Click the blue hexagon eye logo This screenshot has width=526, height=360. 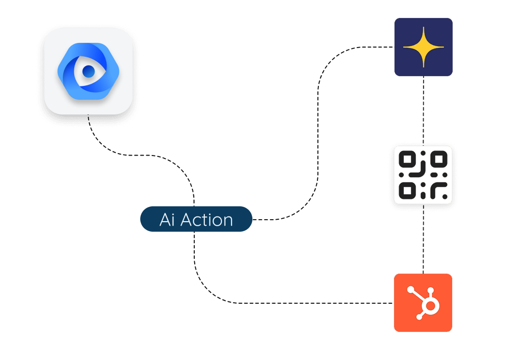point(88,71)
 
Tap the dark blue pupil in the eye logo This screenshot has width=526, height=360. point(88,71)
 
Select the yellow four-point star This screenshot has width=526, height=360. point(423,47)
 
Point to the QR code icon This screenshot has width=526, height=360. point(423,175)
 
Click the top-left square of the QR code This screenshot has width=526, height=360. point(407,160)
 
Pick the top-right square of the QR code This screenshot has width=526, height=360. point(439,160)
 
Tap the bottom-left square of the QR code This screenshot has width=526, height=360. point(407,190)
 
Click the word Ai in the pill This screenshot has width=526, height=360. point(167,220)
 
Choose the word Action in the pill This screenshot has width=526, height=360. point(206,220)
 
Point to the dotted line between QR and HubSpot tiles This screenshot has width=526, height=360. point(423,242)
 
